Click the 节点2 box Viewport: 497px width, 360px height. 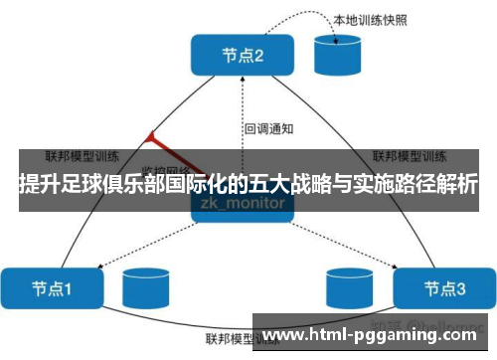(244, 57)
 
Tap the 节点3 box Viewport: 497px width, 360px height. (443, 289)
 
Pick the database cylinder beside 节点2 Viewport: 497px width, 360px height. (338, 56)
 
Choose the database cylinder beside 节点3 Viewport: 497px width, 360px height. (349, 289)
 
